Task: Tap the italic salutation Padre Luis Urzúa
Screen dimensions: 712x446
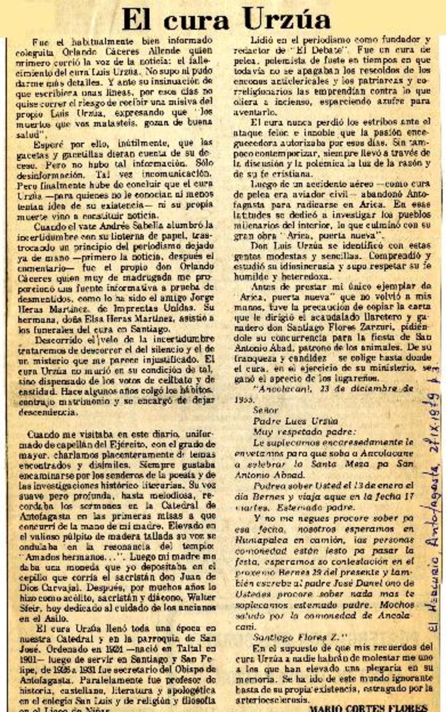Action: pos(288,405)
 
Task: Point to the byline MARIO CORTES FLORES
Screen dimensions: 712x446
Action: pos(368,707)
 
